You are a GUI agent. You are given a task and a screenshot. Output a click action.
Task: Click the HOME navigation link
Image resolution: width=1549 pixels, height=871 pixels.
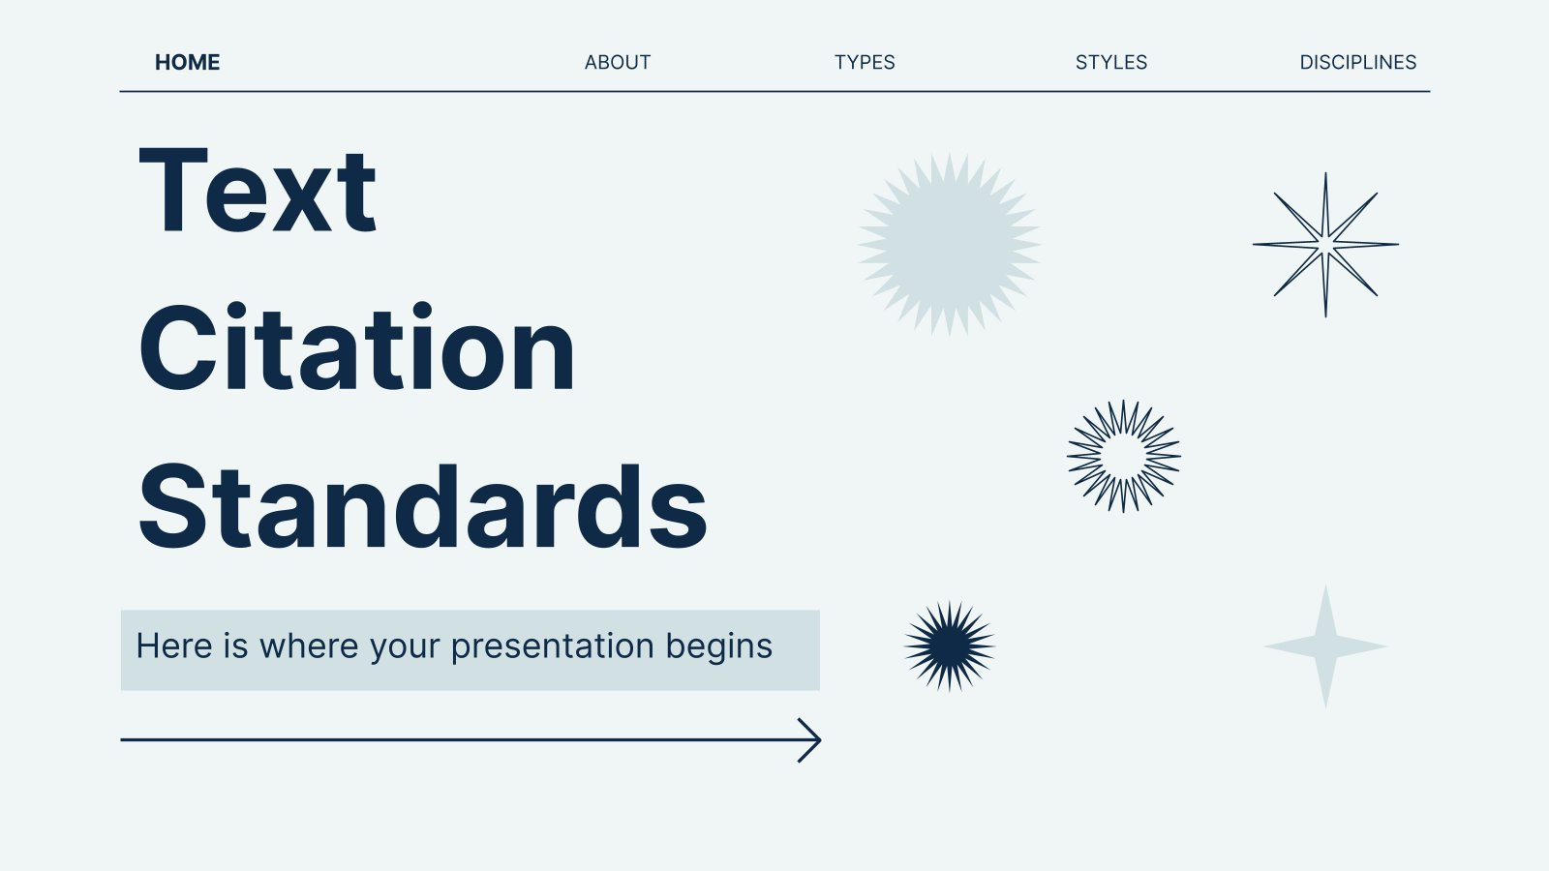(188, 62)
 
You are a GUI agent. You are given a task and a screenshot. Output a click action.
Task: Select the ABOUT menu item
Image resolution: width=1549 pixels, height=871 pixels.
(618, 62)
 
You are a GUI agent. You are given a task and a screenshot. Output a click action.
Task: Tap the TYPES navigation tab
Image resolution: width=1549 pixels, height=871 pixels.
(865, 62)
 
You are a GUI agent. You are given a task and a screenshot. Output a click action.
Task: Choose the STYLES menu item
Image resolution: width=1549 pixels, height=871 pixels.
(1111, 62)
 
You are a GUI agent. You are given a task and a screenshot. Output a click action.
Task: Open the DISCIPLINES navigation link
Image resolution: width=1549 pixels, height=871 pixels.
(1358, 62)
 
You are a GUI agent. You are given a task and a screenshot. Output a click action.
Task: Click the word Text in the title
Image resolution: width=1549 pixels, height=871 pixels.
(258, 191)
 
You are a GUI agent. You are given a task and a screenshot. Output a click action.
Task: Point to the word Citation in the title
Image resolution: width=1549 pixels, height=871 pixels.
(357, 347)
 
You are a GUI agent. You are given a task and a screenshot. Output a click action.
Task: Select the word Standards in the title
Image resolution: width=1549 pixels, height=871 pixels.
(423, 507)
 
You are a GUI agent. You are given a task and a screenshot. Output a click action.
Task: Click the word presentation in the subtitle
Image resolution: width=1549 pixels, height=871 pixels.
(553, 646)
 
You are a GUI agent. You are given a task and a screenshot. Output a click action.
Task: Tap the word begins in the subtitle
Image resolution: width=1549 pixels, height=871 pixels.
(719, 647)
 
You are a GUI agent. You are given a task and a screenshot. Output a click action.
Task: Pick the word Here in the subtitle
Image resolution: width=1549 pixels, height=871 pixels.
(174, 646)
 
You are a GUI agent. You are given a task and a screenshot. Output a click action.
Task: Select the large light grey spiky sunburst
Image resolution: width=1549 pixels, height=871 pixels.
(950, 244)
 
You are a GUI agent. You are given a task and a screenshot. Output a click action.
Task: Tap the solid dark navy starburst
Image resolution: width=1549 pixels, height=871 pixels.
(950, 646)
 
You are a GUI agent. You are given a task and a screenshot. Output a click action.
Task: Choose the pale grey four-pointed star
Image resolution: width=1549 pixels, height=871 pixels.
(1325, 646)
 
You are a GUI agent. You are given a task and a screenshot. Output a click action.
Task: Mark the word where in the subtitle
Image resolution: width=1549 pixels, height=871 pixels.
(309, 646)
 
